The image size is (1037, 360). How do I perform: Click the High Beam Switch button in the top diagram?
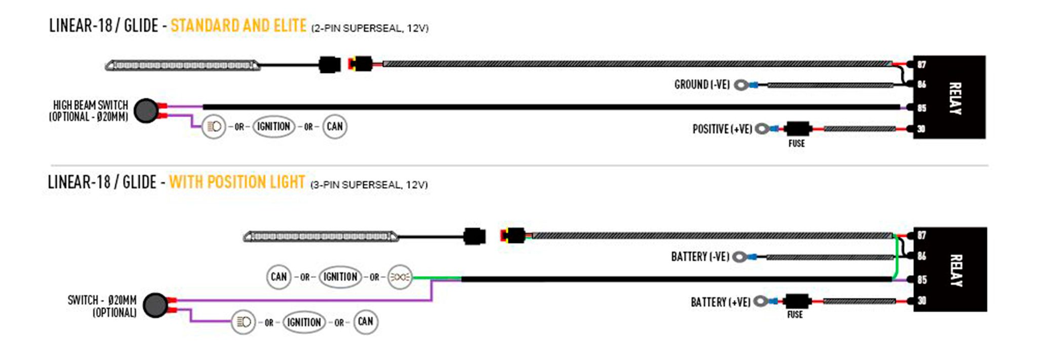146,111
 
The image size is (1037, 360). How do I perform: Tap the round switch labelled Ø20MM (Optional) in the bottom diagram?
155,305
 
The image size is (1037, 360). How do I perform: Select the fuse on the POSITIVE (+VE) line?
797,129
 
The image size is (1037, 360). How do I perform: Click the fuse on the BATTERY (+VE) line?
796,301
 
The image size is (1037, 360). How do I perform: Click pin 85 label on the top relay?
922,108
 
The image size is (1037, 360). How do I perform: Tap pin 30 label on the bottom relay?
922,301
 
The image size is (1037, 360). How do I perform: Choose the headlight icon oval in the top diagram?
214,127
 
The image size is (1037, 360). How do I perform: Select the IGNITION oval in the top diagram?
273,127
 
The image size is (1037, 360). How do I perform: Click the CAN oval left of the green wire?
278,277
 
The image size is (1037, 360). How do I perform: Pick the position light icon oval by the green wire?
400,277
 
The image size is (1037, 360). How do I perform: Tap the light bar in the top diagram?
182,65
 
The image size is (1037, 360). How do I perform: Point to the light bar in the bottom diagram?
321,236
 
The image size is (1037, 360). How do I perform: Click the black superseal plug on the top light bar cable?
329,65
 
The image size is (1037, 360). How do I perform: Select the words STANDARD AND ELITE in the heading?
238,26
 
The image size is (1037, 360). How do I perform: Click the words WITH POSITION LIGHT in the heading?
236,182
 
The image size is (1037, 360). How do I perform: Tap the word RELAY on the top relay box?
954,98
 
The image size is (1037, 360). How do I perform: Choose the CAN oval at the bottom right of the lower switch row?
365,322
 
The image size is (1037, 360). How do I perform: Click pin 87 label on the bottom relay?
922,235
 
